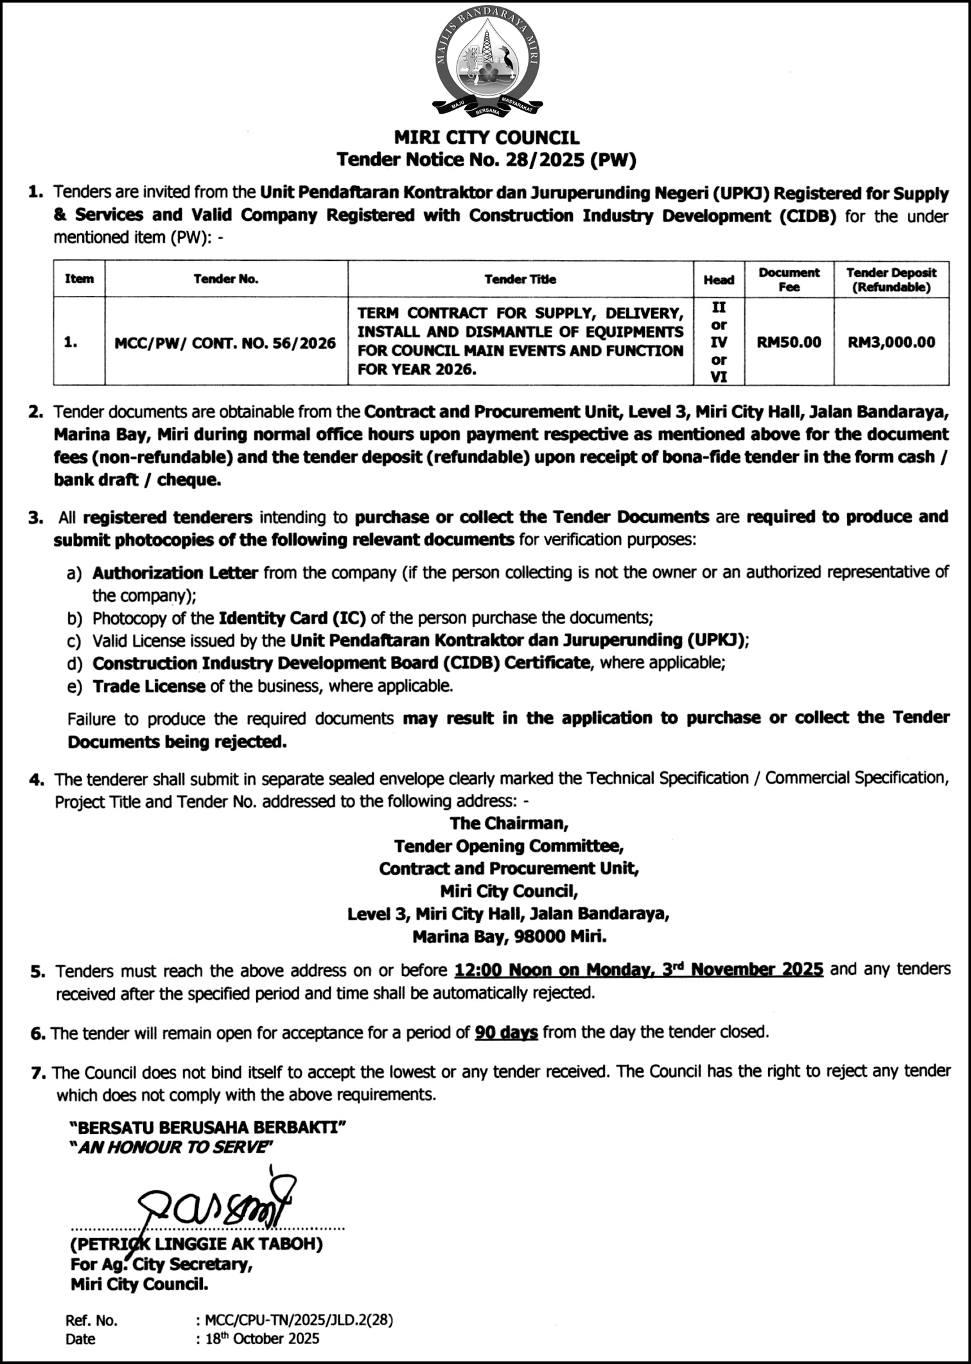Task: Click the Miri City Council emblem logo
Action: tap(486, 64)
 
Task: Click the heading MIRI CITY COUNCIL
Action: tap(486, 137)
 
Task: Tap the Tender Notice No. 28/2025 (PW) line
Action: tap(486, 159)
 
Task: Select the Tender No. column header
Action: tap(226, 279)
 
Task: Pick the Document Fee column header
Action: tap(789, 279)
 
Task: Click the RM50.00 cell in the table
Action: tap(789, 342)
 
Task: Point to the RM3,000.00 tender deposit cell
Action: tap(891, 342)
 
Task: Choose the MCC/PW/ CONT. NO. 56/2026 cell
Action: tap(225, 343)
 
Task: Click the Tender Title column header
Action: tap(520, 279)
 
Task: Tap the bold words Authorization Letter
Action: tap(175, 572)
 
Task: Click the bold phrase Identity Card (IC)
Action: tap(292, 618)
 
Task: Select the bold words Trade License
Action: tap(149, 686)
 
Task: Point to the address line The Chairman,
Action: tap(509, 823)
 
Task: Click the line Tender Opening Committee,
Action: tap(509, 846)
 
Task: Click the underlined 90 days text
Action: tap(506, 1032)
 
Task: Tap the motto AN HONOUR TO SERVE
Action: tap(171, 1147)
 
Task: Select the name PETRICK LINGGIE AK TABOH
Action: tap(197, 1244)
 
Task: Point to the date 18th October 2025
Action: tap(262, 1338)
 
